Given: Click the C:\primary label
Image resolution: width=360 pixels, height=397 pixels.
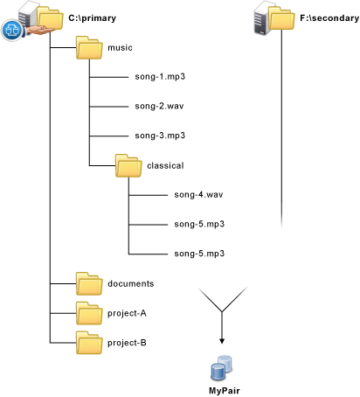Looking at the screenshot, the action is point(92,18).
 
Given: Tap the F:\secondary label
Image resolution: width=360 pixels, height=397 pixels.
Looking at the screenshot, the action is point(329,18).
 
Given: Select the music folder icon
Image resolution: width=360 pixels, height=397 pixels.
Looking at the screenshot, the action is point(89,48).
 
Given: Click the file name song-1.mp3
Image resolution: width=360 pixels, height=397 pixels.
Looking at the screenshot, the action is point(160,77).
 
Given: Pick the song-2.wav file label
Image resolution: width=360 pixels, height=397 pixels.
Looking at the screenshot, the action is point(159,106).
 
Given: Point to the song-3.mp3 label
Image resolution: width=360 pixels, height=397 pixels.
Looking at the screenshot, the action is point(160,136).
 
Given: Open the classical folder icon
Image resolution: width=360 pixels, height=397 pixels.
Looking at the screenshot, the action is point(128,165).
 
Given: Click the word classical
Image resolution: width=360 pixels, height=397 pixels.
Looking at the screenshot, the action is point(165,165).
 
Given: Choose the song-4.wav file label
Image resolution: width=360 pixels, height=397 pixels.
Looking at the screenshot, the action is point(198,194).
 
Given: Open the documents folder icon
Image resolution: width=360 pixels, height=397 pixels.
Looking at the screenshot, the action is point(89,283).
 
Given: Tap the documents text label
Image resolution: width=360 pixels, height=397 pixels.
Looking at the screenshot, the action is point(131,283).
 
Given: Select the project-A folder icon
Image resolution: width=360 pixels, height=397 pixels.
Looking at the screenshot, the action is point(89,313).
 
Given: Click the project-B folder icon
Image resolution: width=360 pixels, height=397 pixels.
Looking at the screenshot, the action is point(89,343).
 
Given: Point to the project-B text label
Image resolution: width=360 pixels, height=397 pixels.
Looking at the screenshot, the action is point(127,343).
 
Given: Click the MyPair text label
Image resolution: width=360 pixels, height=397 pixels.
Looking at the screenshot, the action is point(225,391).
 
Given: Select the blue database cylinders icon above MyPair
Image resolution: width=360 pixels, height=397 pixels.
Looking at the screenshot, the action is point(221,368).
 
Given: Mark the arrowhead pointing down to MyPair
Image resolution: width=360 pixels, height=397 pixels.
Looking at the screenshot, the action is point(222,341).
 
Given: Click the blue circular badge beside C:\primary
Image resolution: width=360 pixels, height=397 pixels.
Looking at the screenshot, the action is point(12,30).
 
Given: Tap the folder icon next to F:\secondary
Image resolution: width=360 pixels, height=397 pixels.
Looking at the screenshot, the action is point(281,18).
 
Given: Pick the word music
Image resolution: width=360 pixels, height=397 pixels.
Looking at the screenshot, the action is point(120,48).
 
